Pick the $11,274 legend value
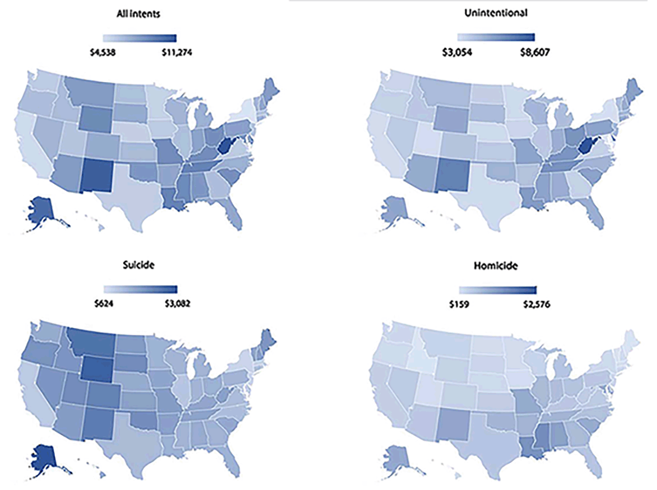pyautogui.click(x=177, y=53)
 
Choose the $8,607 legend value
pyautogui.click(x=535, y=52)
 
